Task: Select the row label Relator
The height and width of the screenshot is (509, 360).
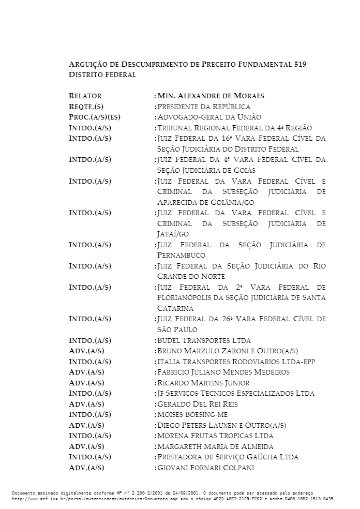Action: [85, 96]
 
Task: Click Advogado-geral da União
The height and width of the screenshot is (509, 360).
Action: [209, 117]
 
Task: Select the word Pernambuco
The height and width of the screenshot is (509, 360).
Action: [181, 255]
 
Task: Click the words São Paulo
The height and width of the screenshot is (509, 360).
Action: [177, 330]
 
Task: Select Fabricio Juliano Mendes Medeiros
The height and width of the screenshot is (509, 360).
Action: [223, 372]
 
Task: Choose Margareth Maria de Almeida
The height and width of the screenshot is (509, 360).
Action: [215, 446]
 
